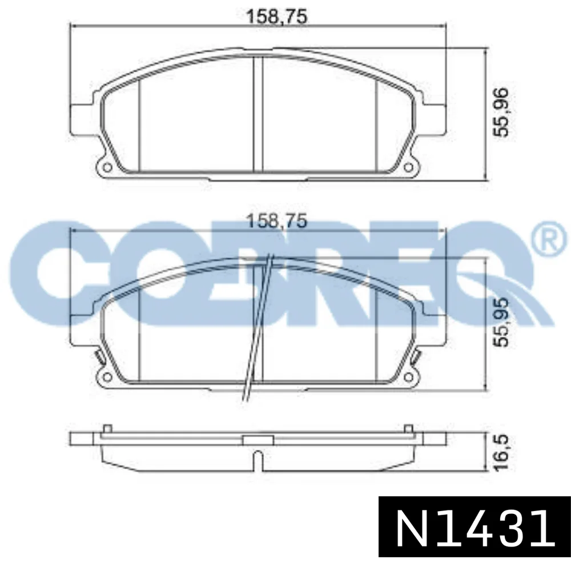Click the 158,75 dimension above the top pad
tap(277, 17)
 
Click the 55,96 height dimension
tap(500, 112)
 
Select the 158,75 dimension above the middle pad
tap(277, 221)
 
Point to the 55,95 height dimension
tap(500, 322)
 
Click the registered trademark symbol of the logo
tap(550, 241)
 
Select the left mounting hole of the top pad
tap(108, 167)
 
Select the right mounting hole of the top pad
tap(408, 167)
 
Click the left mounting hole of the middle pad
tap(108, 377)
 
